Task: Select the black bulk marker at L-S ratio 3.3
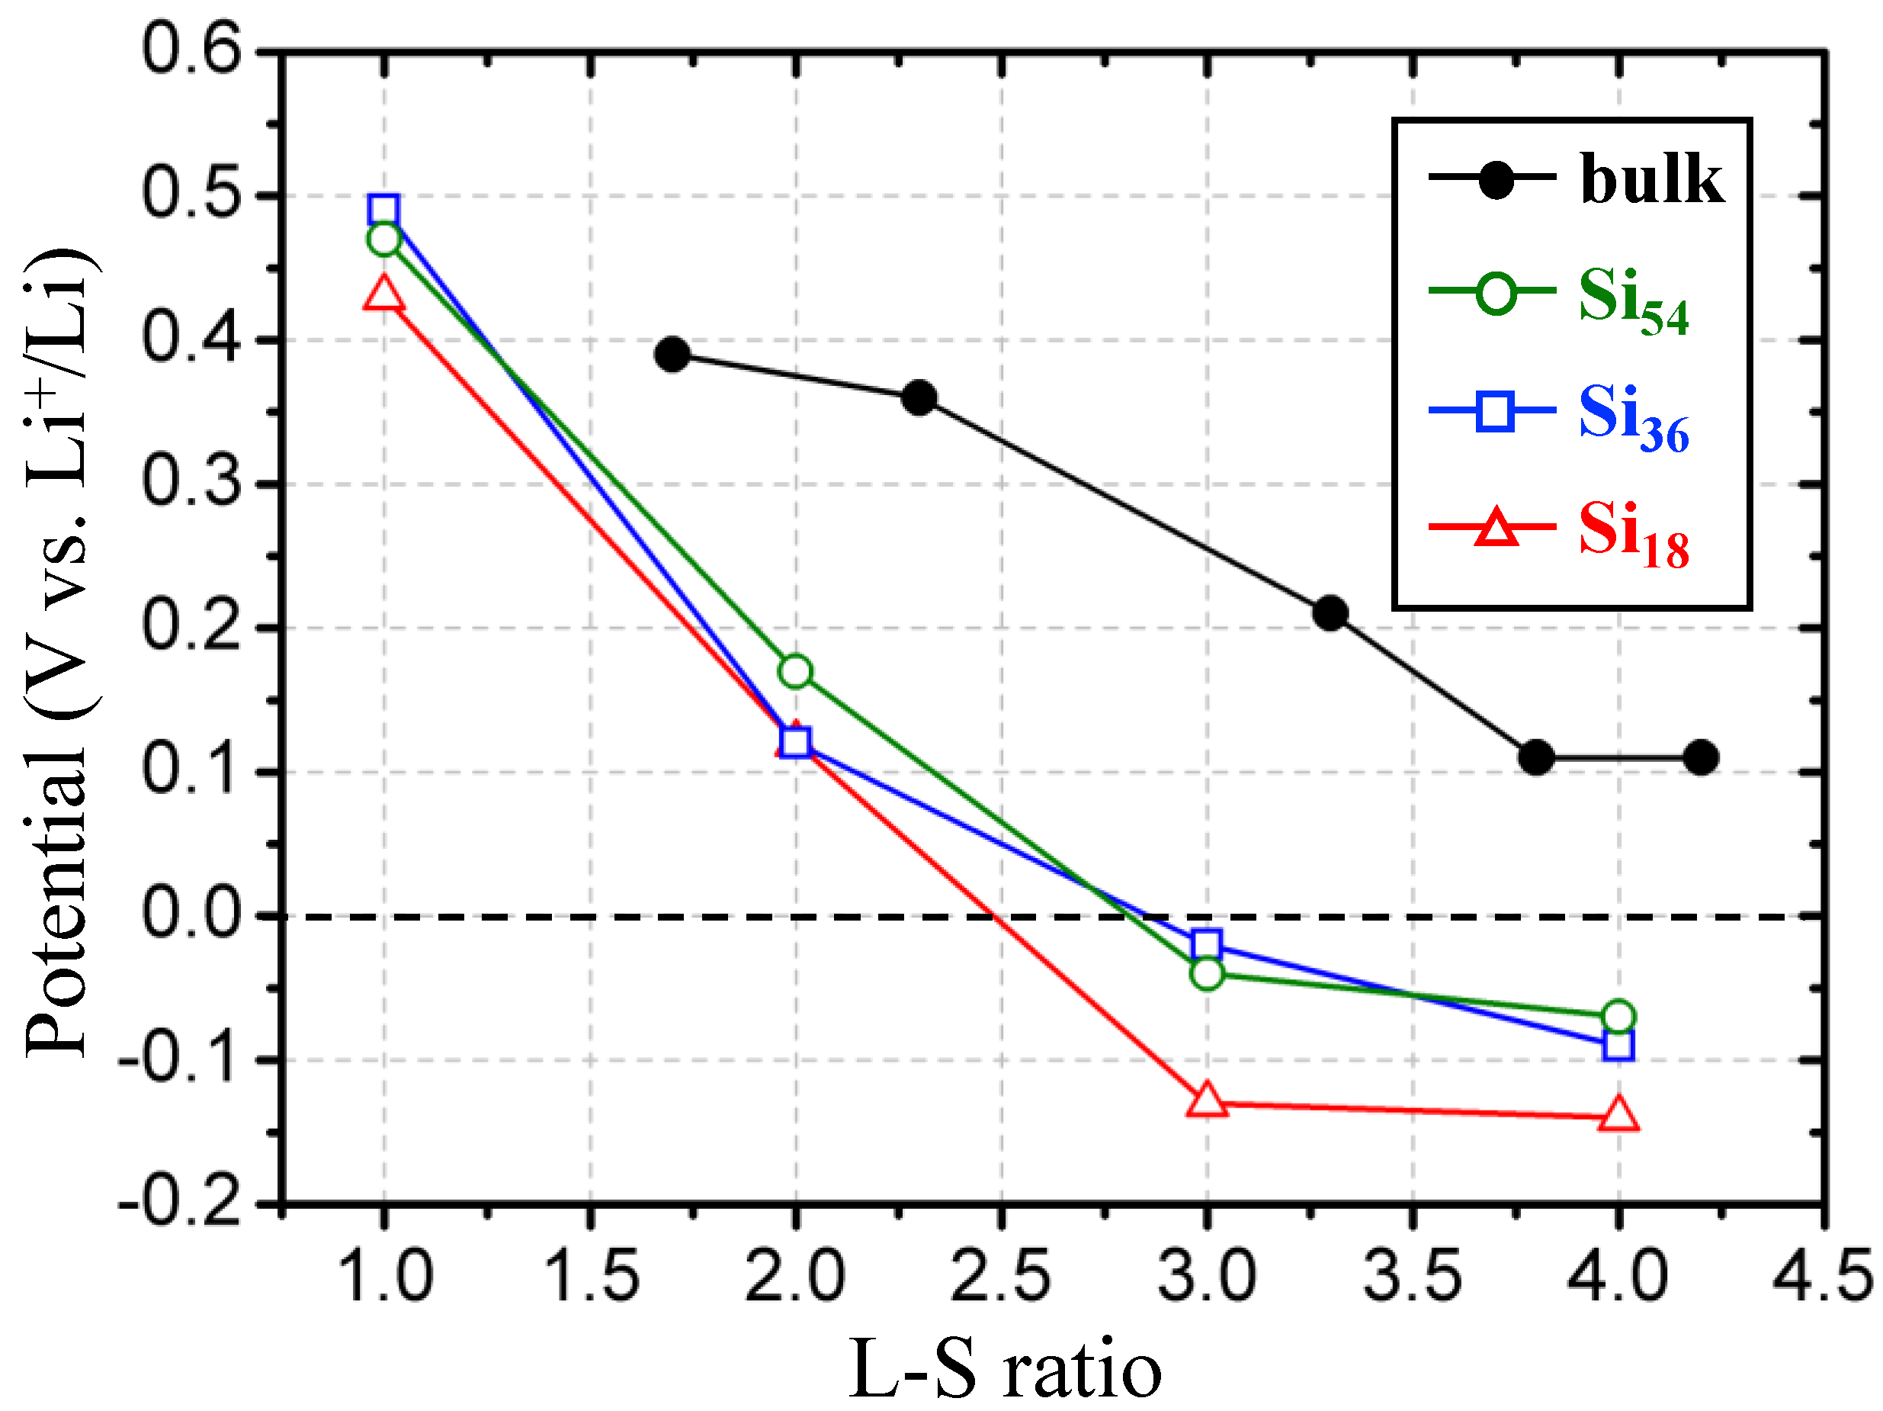(1330, 613)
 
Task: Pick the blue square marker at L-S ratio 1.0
(384, 210)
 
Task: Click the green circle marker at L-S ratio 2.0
(795, 671)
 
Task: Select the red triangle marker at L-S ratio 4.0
(1618, 1114)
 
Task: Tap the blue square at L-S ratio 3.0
(1206, 944)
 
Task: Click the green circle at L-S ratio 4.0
(1618, 1016)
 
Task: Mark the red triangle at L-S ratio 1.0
(384, 294)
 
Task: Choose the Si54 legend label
(1633, 301)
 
